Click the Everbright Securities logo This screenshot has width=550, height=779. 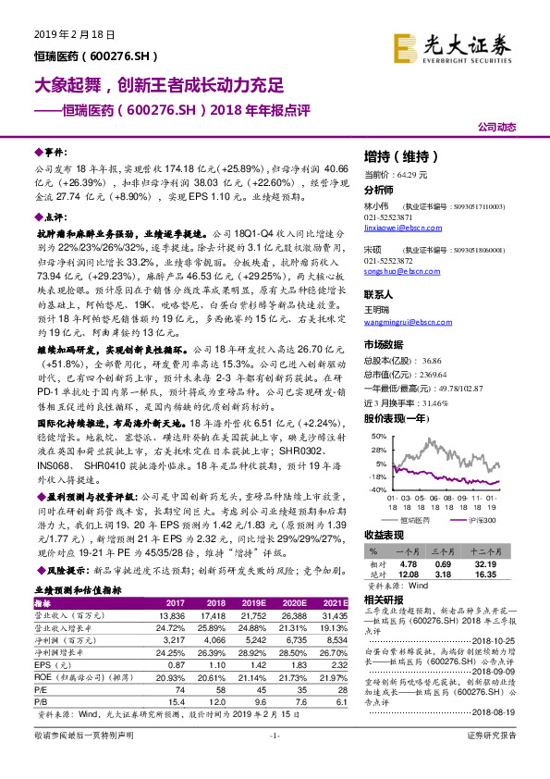point(465,44)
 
